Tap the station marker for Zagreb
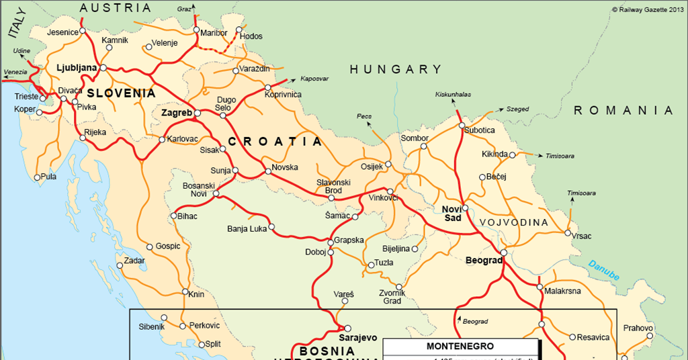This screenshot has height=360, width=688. tap(198, 114)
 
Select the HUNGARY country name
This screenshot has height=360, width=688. tap(395, 69)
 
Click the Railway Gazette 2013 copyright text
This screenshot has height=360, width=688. tap(648, 9)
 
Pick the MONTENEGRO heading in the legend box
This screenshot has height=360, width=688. tap(460, 347)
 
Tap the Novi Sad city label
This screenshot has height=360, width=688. tap(451, 213)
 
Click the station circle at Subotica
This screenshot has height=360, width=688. tap(462, 126)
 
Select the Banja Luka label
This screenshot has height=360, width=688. tap(247, 228)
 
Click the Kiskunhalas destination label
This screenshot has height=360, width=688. tap(453, 95)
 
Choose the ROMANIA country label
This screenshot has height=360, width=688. tap(622, 110)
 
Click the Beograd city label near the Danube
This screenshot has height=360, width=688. tap(484, 260)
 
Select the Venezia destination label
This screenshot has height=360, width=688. tap(15, 72)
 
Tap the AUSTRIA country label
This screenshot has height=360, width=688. tap(115, 8)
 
